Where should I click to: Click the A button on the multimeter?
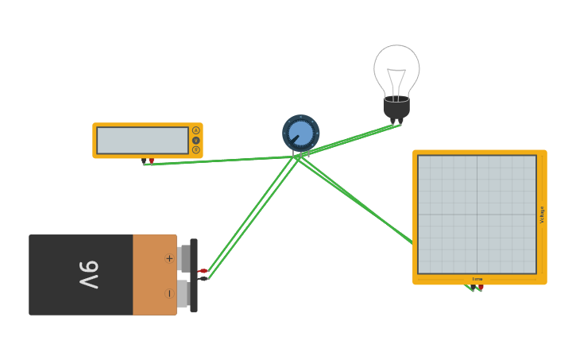pos(196,130)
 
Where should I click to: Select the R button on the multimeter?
pos(196,149)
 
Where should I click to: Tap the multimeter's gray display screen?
pos(142,141)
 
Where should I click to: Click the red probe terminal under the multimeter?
pos(151,161)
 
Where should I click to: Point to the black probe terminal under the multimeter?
pos(144,161)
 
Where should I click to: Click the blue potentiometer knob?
pos(301,133)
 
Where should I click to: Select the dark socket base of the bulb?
pos(396,107)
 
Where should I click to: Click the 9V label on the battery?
pos(88,275)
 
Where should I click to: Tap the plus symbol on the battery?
pos(169,258)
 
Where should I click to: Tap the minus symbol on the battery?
pos(169,293)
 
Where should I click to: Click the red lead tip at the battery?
pos(203,271)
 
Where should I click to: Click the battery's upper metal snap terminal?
pos(184,258)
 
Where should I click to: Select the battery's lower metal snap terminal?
pos(182,293)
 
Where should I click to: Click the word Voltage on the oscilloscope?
pos(543,215)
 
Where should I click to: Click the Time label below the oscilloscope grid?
pos(477,279)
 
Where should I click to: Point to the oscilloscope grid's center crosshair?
pos(477,215)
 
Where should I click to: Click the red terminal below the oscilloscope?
pos(481,287)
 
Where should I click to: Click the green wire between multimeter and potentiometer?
pos(222,161)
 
